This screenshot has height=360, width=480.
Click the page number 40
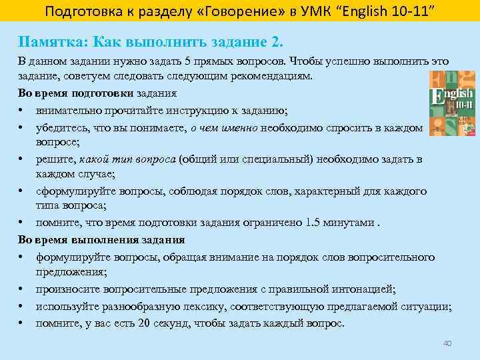[447, 343]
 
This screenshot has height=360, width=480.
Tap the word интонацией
[365, 289]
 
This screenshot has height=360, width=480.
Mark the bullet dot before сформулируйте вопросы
[22, 191]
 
